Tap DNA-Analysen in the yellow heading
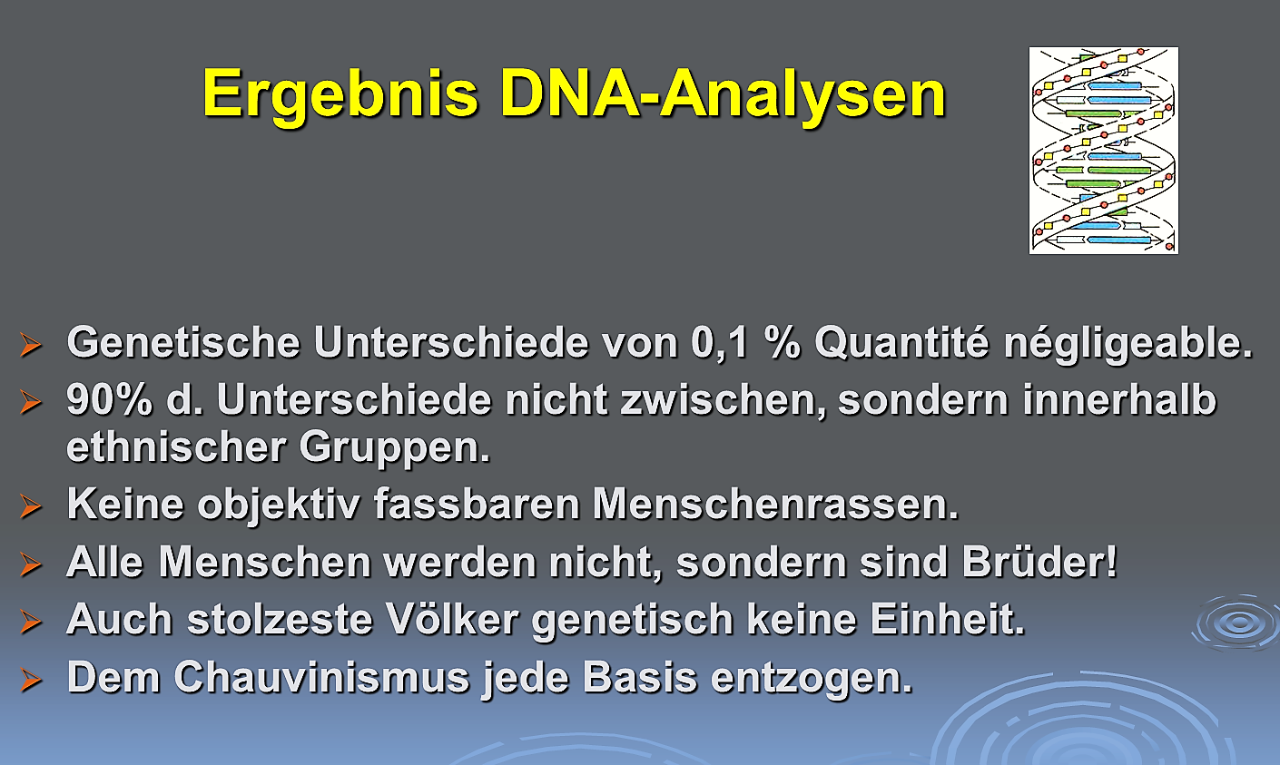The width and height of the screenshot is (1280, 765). coord(723,94)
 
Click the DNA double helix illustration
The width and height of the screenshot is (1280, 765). coord(1103,151)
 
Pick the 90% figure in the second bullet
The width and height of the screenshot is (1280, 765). coord(110,399)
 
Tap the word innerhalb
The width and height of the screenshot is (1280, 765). coord(1119,399)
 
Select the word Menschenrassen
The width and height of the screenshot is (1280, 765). coord(775,505)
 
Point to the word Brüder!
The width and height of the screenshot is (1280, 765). coord(1039,563)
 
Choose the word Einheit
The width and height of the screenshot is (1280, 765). coord(947,619)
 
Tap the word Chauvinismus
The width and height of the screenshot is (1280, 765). coord(321,678)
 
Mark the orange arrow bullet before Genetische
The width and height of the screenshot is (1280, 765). coord(31,345)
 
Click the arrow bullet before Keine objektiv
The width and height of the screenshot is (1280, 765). coord(31,506)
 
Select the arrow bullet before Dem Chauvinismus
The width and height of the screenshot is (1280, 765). coord(31,680)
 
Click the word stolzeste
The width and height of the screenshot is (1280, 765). coord(280,619)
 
